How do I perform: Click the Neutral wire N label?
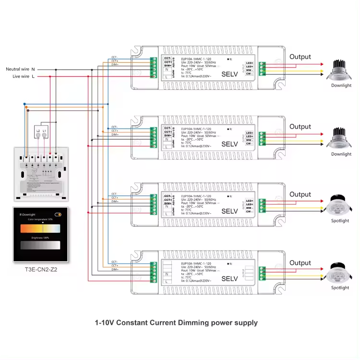point(20,69)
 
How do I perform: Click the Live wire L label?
point(20,76)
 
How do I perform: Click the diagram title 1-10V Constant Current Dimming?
point(176,323)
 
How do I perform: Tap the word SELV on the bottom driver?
point(229,279)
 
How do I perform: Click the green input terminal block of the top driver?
point(154,68)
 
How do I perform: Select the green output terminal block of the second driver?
point(263,138)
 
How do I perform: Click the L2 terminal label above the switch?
point(38,130)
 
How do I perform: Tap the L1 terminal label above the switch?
point(45,130)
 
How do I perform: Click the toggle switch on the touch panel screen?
point(58,214)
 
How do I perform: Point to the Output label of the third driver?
point(300,194)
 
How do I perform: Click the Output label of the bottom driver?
point(300,263)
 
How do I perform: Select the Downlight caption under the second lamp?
point(341,154)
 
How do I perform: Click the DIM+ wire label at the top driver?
point(115,65)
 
